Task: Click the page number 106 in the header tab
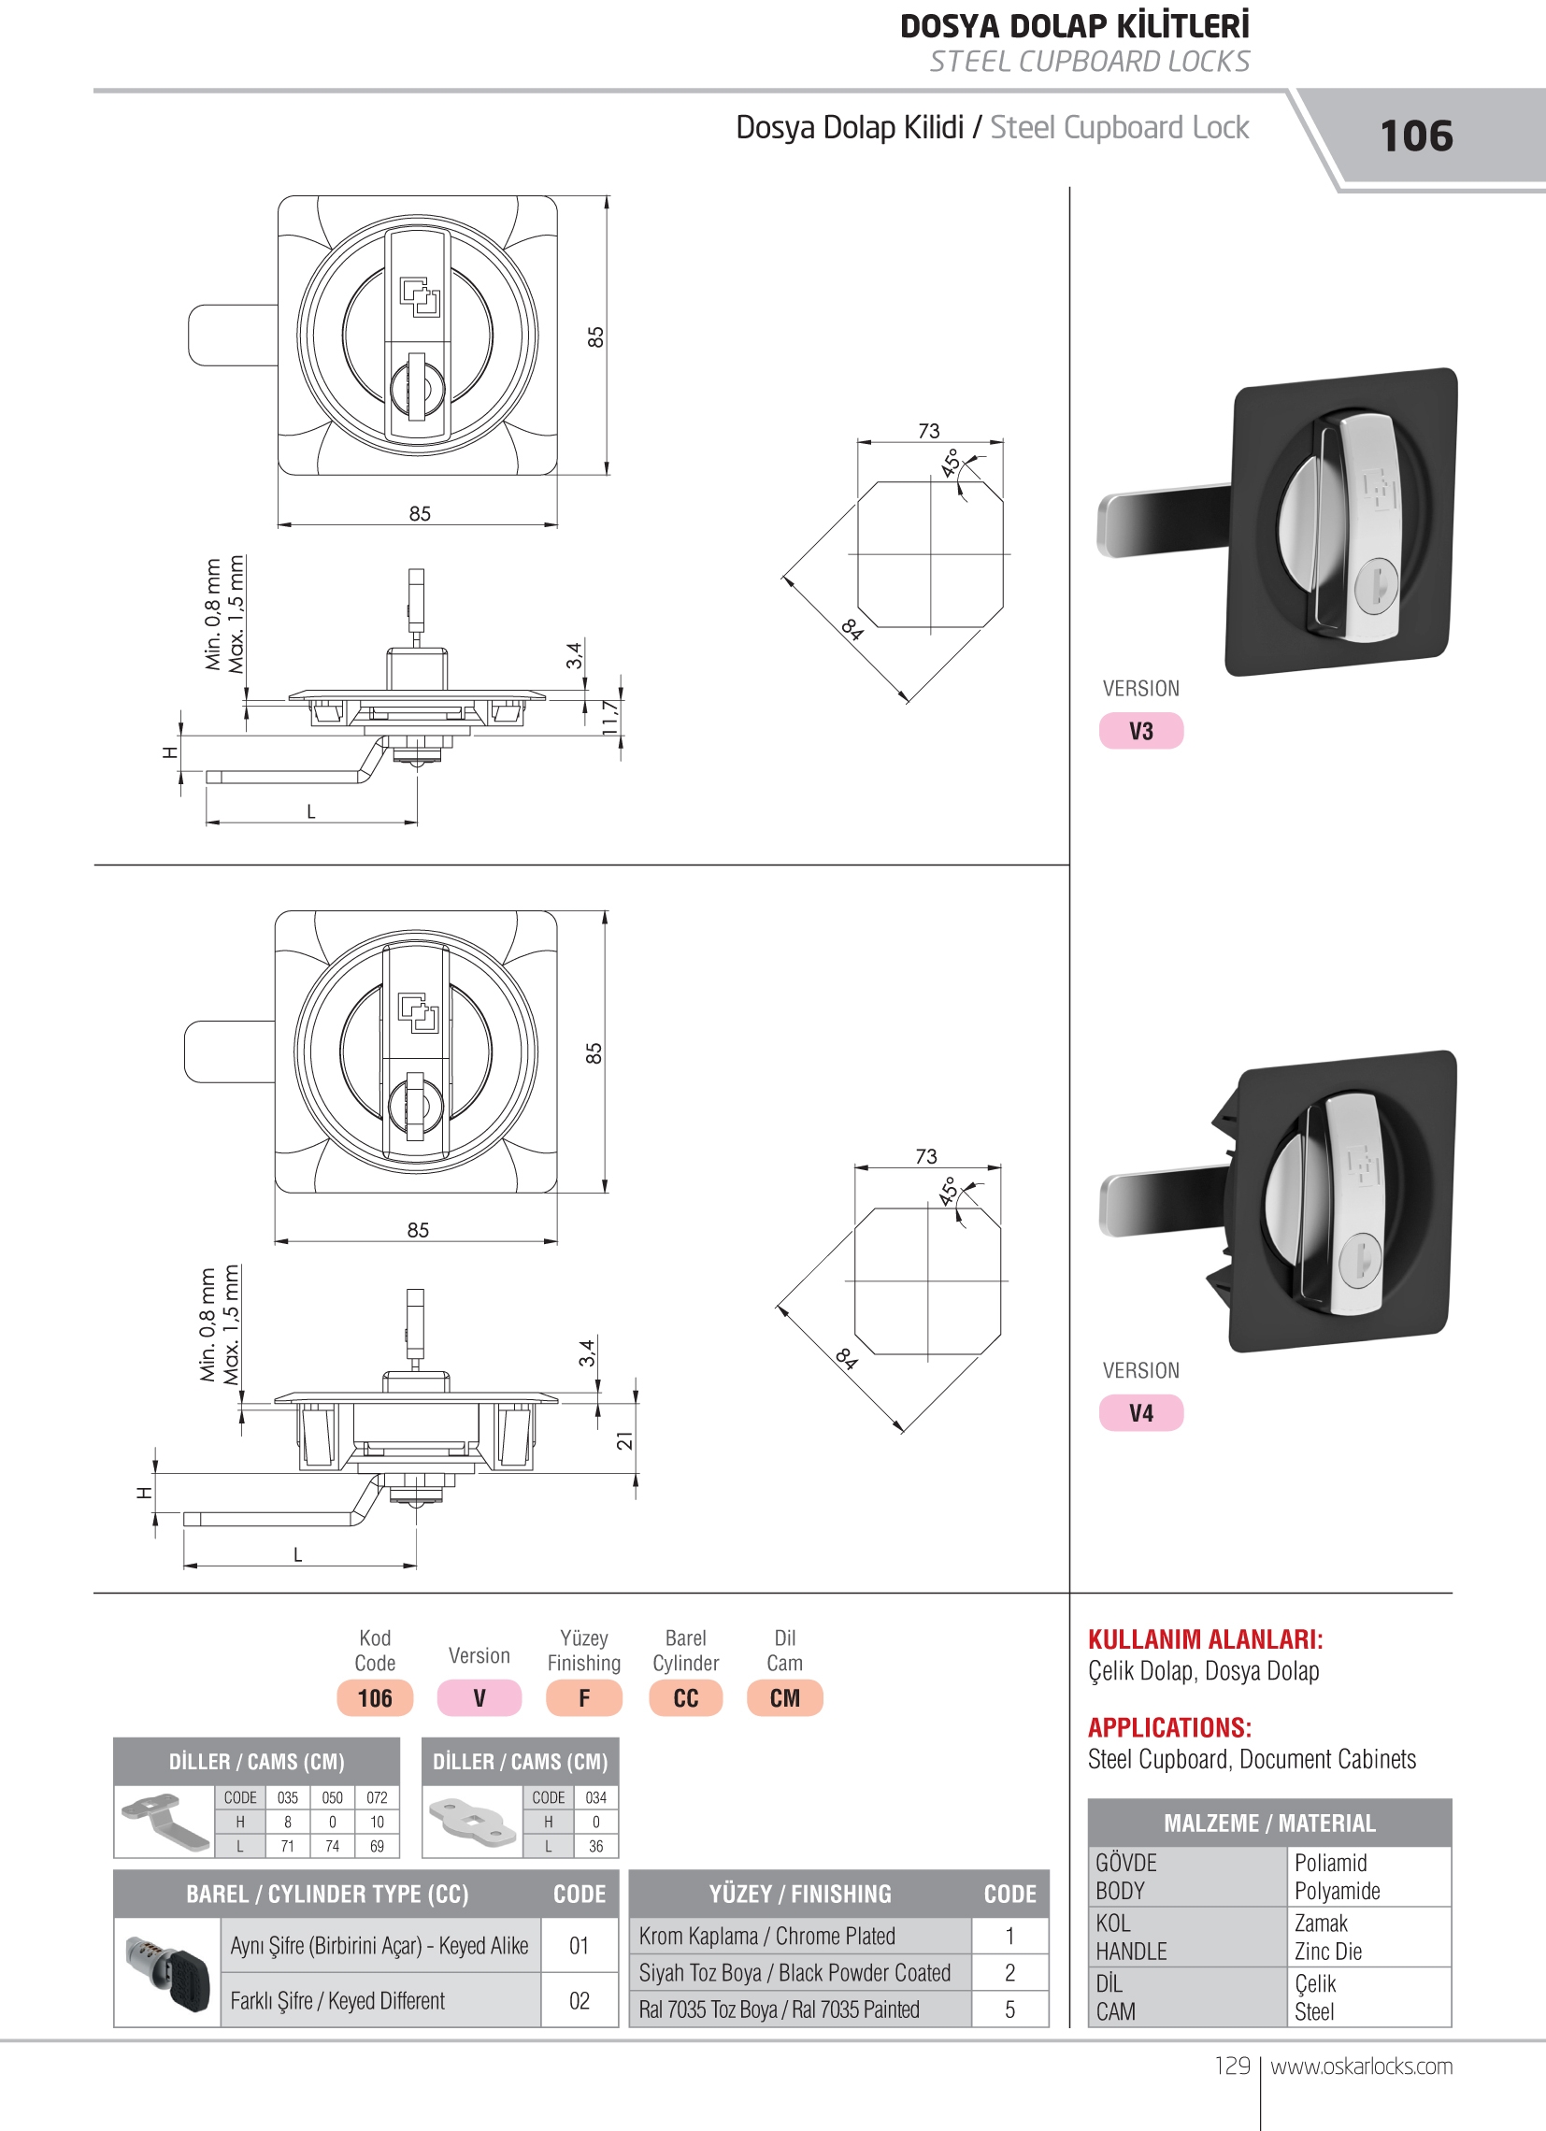(x=1416, y=136)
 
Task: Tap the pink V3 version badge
(x=1141, y=731)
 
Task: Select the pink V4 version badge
(x=1141, y=1413)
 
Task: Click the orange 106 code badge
(x=375, y=1698)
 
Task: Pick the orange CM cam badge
(x=785, y=1698)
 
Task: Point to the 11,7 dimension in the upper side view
(x=611, y=718)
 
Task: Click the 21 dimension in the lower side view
(x=625, y=1439)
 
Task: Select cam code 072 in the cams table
(x=377, y=1797)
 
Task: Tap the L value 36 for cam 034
(x=595, y=1846)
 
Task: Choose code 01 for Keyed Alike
(x=579, y=1946)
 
